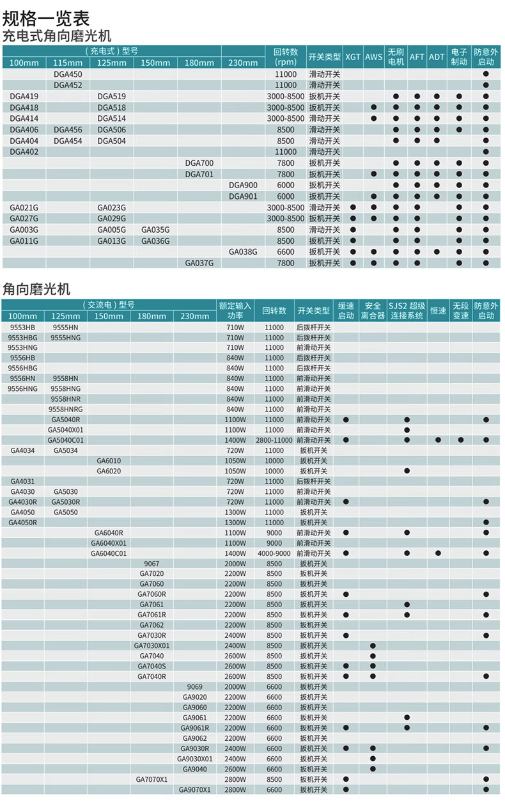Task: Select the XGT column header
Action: click(353, 57)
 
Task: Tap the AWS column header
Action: click(374, 57)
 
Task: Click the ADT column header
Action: click(437, 57)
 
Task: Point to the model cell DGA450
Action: click(68, 74)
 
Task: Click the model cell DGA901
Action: click(243, 196)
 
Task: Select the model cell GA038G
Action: click(243, 252)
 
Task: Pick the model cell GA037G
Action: click(199, 263)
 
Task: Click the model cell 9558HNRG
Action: click(66, 409)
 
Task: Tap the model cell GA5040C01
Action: click(66, 440)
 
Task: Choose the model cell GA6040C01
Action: click(109, 553)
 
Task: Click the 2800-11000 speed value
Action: click(274, 440)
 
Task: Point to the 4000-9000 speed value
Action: click(274, 553)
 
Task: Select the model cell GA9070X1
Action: click(194, 790)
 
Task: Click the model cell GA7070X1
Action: click(151, 779)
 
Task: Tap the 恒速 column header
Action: click(438, 311)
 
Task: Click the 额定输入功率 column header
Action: click(235, 310)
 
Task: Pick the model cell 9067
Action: click(151, 564)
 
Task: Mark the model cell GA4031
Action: click(22, 481)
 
